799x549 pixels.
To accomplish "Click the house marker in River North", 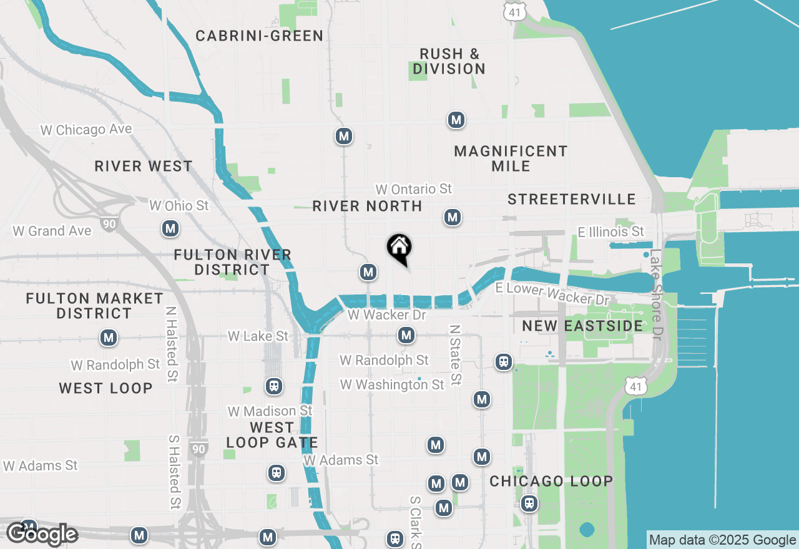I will (399, 248).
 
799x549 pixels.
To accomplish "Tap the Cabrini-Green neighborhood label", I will (260, 36).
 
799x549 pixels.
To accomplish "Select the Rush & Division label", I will (449, 61).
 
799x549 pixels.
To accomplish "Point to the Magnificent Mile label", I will (511, 158).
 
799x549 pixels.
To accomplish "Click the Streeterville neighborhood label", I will (572, 199).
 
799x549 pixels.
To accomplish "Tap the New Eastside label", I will (582, 326).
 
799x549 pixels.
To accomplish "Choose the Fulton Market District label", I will (94, 306).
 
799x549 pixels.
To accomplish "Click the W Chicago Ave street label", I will (86, 130).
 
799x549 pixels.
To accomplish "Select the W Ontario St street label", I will (413, 188).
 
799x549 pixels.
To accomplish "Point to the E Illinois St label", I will (610, 232).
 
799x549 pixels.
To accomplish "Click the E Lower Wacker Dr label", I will (552, 293).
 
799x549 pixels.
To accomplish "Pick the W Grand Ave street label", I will (52, 231).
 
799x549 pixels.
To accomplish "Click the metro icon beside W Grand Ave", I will (170, 229).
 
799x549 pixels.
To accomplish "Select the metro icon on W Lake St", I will (406, 336).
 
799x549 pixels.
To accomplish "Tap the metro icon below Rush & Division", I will (456, 120).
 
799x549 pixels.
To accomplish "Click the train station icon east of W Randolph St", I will (503, 361).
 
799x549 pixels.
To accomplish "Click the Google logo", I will (42, 535).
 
